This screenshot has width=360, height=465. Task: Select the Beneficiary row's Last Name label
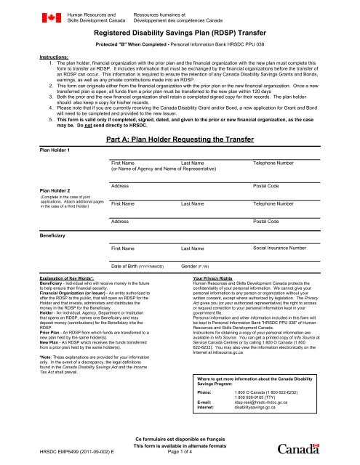point(195,249)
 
